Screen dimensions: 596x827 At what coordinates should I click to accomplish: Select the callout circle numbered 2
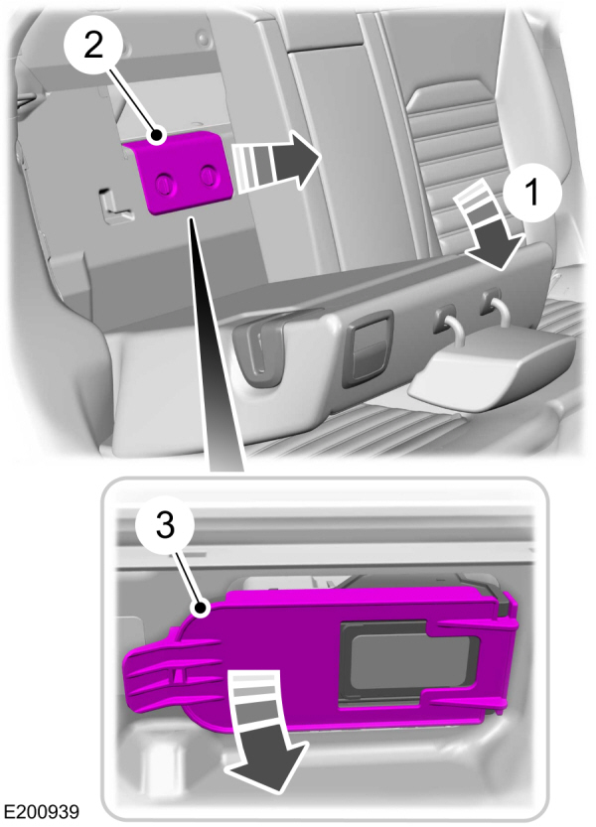click(93, 47)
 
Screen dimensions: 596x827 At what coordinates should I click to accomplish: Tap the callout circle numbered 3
click(165, 526)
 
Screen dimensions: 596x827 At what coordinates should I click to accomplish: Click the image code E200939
click(41, 811)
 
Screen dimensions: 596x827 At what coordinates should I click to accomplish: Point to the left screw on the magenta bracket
click(164, 183)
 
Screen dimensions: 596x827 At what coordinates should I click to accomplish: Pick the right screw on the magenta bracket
click(209, 175)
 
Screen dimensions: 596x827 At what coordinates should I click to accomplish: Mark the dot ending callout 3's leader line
click(200, 609)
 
